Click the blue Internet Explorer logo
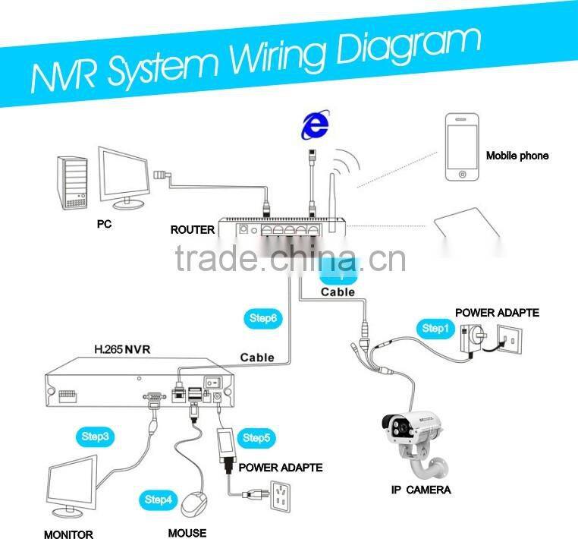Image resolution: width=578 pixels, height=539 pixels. (x=314, y=124)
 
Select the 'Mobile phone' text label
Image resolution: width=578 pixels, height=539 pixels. (x=517, y=156)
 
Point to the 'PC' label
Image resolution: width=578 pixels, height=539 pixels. (x=104, y=225)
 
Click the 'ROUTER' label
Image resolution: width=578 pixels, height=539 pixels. (x=192, y=229)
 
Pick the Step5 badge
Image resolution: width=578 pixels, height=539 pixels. (x=256, y=438)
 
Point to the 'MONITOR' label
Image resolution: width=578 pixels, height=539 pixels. (x=68, y=534)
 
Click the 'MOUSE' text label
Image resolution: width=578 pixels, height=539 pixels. (x=187, y=532)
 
